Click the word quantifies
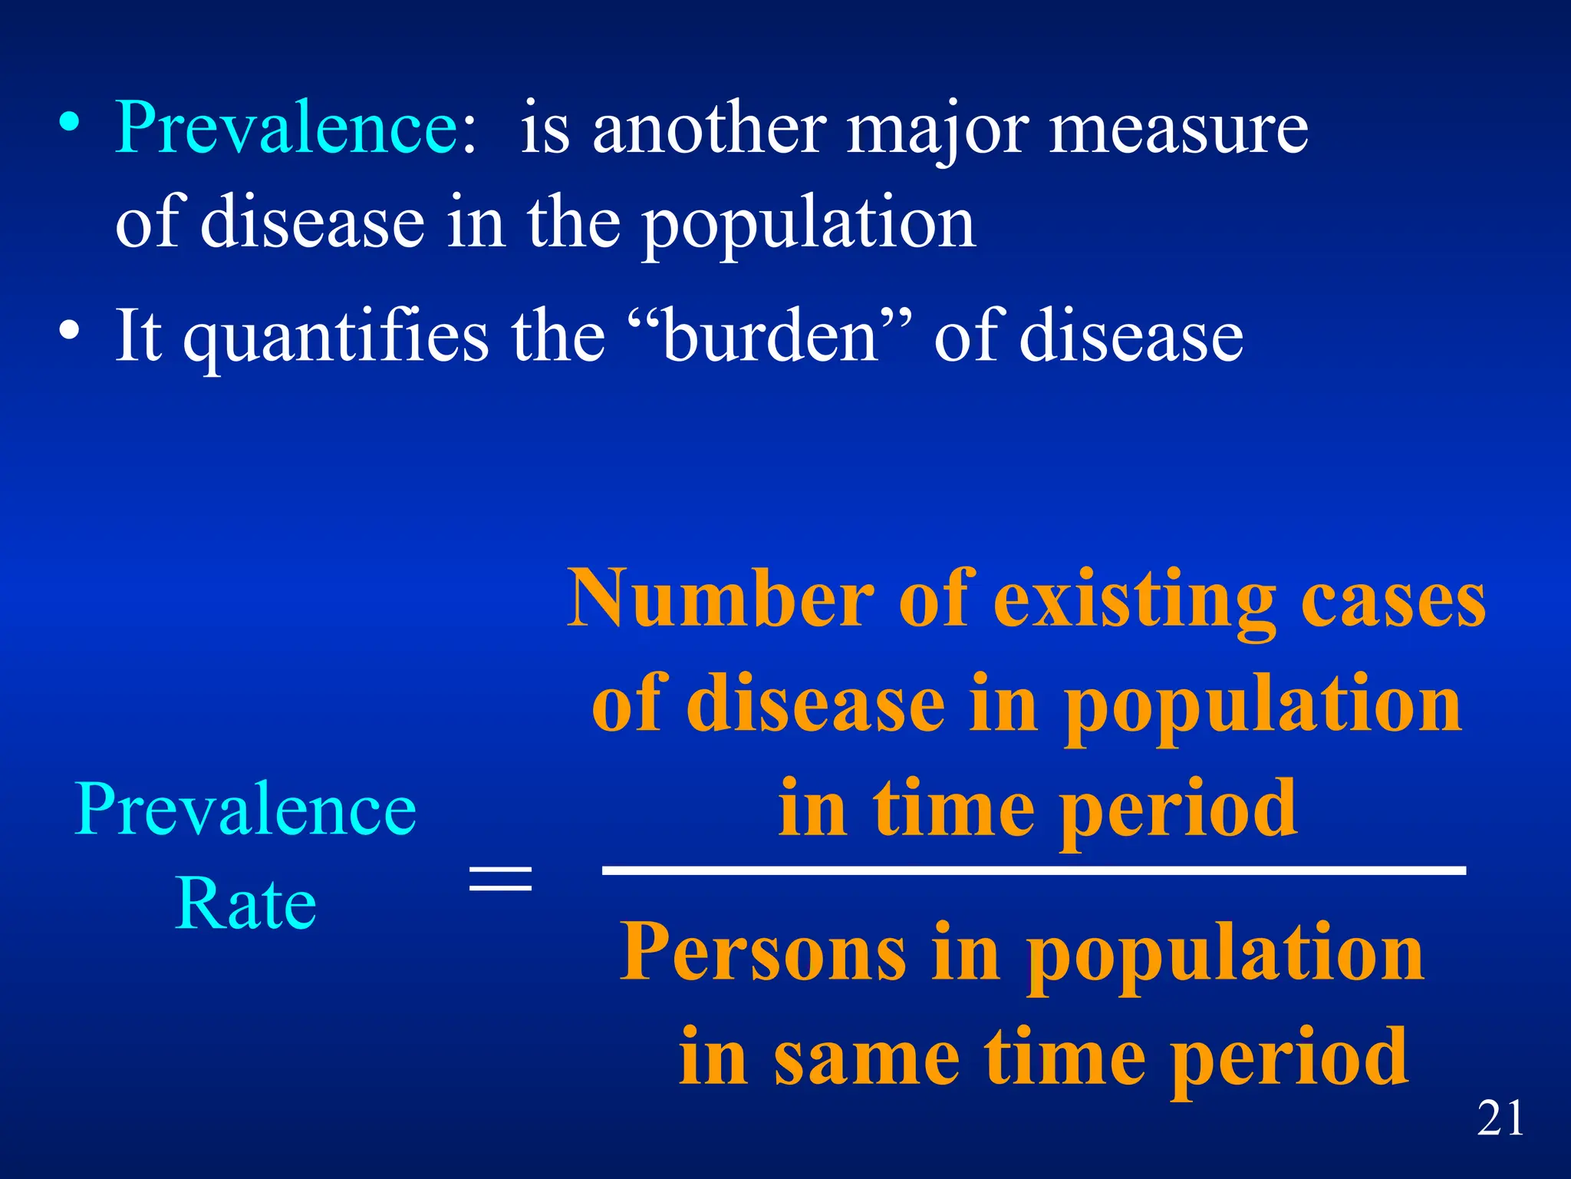click(335, 338)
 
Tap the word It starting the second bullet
click(138, 335)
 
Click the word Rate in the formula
click(245, 903)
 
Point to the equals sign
click(500, 877)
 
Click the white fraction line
click(1033, 870)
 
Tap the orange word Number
click(720, 599)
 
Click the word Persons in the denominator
click(762, 952)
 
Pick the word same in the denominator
click(867, 1058)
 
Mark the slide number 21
click(1500, 1118)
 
